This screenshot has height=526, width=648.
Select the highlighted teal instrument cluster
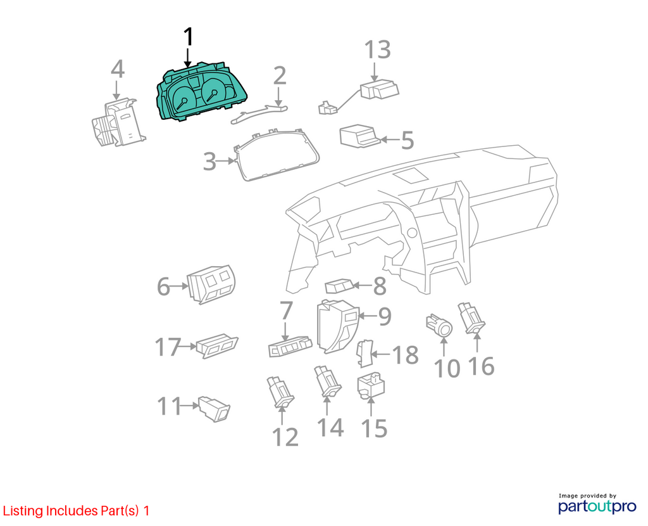click(x=201, y=93)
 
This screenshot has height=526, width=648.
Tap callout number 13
click(x=377, y=49)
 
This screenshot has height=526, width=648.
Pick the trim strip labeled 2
click(x=259, y=113)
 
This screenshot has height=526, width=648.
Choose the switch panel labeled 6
click(x=211, y=285)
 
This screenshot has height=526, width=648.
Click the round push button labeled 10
click(x=440, y=325)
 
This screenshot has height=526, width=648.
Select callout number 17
click(x=168, y=347)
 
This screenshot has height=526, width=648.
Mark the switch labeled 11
click(x=215, y=409)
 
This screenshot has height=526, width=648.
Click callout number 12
click(x=285, y=437)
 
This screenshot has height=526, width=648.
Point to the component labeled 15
click(x=371, y=385)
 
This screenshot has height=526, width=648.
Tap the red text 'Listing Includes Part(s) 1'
click(x=76, y=511)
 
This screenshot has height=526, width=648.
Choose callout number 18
click(x=405, y=355)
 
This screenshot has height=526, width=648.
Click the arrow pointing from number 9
click(x=367, y=316)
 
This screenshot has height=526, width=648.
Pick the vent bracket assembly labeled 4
click(x=118, y=122)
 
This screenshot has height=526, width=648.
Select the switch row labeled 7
click(x=290, y=346)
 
